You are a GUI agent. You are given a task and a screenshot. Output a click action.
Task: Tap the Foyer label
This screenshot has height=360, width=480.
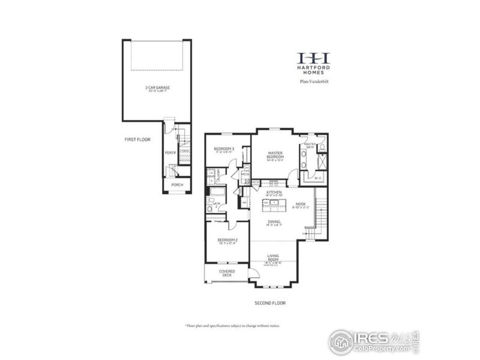click(171, 152)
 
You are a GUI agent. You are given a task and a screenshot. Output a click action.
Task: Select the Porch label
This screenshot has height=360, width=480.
click(177, 185)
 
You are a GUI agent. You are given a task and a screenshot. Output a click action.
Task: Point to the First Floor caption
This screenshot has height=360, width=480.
click(137, 139)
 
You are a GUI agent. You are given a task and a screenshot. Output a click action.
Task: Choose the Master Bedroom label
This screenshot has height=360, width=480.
click(275, 155)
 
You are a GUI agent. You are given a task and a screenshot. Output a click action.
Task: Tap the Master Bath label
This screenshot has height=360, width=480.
click(310, 146)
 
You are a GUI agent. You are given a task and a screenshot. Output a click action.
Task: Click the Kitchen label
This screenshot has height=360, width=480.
click(274, 193)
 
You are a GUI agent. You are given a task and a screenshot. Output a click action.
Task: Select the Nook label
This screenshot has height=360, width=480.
click(301, 205)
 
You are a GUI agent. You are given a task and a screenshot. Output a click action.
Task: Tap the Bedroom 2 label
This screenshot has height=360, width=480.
click(228, 241)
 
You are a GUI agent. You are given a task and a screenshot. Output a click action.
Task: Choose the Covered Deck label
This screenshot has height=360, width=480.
click(227, 273)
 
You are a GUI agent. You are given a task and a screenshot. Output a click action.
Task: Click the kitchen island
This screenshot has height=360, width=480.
click(271, 203)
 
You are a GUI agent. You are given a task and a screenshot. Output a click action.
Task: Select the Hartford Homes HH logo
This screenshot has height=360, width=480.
click(314, 58)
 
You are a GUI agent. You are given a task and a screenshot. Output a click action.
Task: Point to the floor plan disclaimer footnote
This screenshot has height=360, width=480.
click(232, 325)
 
